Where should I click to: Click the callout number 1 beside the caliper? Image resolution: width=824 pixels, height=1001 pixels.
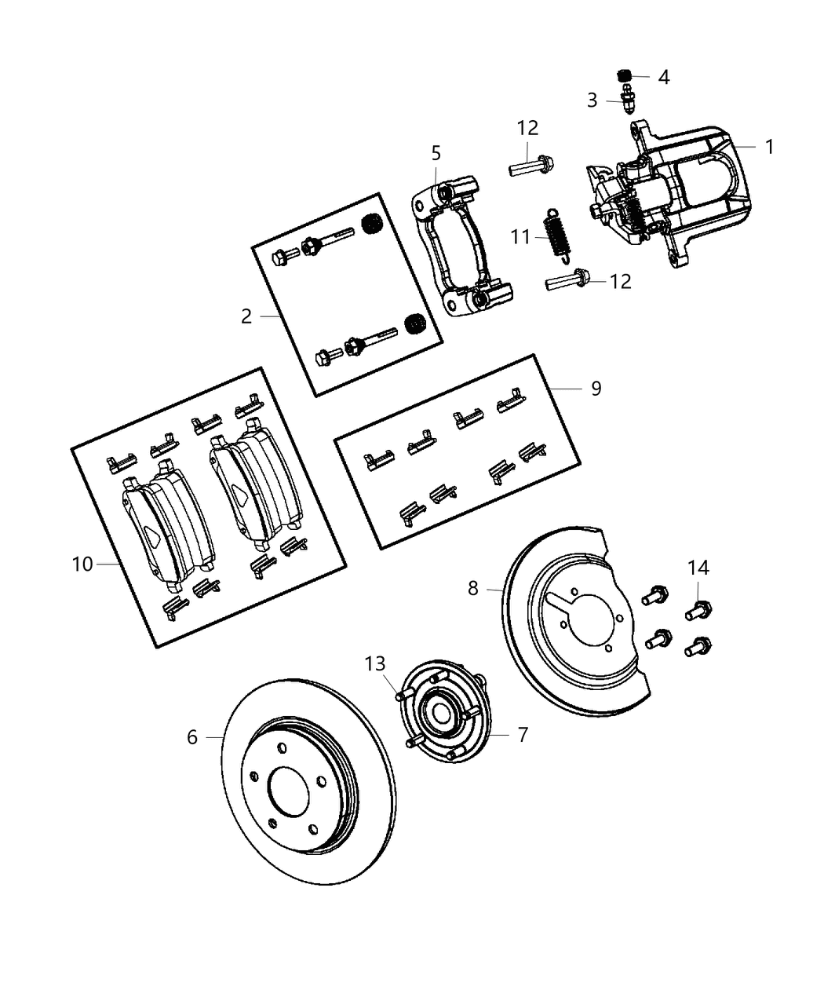769,147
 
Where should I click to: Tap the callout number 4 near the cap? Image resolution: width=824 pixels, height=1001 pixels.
663,77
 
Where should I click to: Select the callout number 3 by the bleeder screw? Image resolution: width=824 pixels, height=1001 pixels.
592,100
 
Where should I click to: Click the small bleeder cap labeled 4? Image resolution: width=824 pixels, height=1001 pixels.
625,75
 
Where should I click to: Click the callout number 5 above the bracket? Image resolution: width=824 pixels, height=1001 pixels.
436,153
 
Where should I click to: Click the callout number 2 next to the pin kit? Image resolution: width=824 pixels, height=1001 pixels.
246,316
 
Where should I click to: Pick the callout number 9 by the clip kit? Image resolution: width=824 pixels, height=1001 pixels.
596,388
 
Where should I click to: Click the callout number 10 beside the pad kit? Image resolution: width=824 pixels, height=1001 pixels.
82,564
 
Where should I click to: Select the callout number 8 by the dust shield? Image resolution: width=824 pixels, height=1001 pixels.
472,587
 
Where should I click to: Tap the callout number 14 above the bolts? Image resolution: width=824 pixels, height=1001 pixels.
698,568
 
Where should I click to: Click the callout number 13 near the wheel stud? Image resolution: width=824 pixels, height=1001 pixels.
375,664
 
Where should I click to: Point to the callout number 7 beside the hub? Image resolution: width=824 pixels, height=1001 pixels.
523,734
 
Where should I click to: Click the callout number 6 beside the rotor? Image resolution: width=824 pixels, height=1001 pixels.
192,736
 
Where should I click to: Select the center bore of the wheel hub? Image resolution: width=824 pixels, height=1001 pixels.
440,714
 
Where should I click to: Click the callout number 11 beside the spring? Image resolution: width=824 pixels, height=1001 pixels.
521,236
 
